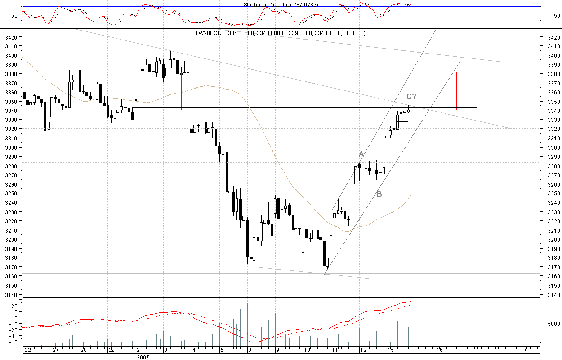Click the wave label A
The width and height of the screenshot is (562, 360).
click(361, 154)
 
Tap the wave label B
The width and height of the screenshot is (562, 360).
click(379, 194)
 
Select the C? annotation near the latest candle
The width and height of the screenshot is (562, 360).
click(411, 96)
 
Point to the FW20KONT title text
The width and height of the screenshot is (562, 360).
click(281, 33)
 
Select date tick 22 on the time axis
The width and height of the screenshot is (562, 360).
click(28, 350)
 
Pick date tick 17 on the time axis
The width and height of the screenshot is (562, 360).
click(523, 350)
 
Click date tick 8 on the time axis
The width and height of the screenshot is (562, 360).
click(250, 350)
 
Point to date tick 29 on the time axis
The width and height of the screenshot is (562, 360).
click(112, 350)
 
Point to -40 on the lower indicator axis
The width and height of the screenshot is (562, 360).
click(14, 342)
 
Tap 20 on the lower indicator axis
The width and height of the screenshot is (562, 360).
click(15, 306)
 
